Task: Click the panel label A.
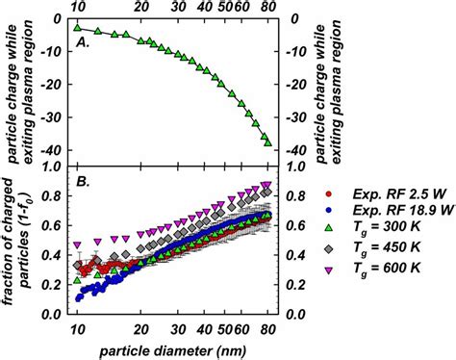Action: (x=83, y=42)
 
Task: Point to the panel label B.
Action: (x=83, y=182)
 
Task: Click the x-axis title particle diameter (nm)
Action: (x=173, y=351)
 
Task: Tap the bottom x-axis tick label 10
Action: (x=77, y=330)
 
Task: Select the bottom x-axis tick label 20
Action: (x=141, y=330)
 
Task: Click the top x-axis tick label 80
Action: (x=268, y=7)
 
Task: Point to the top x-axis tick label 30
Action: (x=178, y=7)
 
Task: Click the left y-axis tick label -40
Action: (x=52, y=150)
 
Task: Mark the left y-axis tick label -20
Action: (x=52, y=85)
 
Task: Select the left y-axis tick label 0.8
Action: (x=52, y=195)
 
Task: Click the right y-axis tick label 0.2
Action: (x=295, y=285)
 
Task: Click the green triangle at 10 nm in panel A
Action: (x=77, y=28)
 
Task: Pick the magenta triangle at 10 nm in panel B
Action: (x=77, y=245)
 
